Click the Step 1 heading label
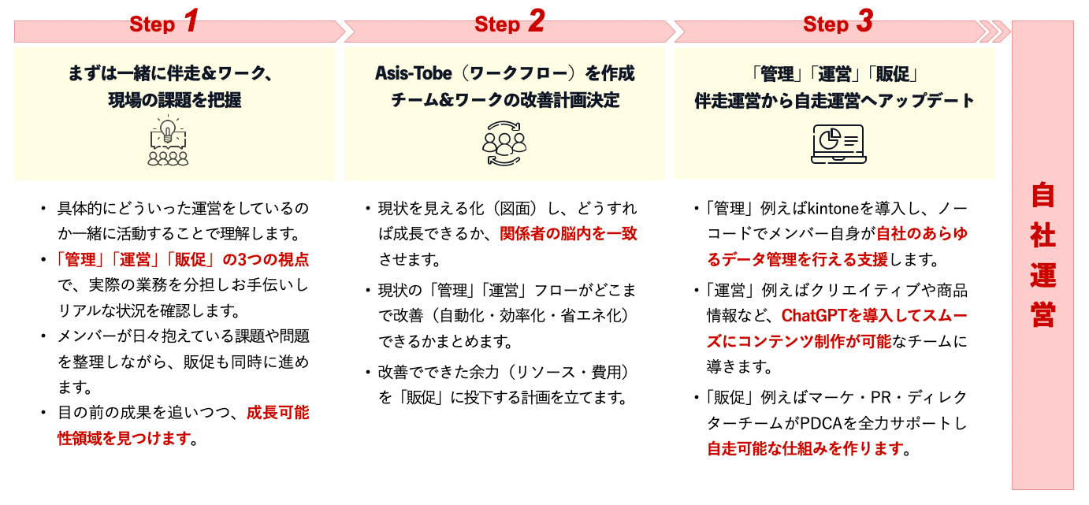(164, 21)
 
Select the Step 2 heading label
(509, 21)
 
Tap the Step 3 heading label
(838, 21)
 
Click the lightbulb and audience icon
(168, 141)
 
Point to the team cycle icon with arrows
(504, 143)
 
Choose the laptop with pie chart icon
(838, 144)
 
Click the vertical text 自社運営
(1043, 254)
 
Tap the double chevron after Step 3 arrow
(994, 32)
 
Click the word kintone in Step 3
(833, 209)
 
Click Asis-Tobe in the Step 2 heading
(413, 73)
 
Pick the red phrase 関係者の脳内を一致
(568, 234)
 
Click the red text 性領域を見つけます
(124, 438)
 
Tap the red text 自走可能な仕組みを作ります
(805, 448)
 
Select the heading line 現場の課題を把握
(174, 100)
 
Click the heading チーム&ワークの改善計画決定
(505, 100)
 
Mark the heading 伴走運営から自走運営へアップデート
(834, 101)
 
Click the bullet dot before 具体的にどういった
(44, 209)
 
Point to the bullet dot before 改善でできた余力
(368, 373)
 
